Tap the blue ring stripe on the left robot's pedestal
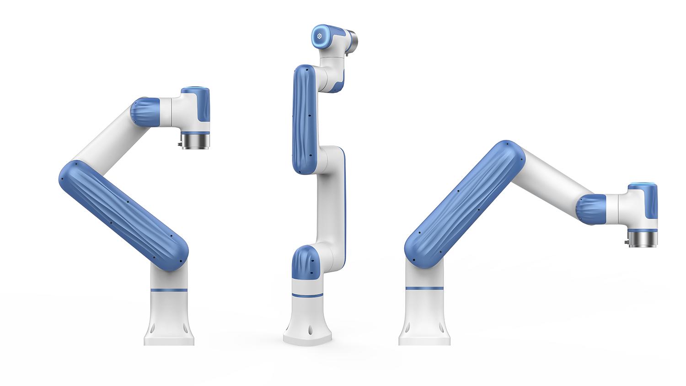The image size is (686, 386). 169,290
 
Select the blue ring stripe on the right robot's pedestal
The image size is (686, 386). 424,288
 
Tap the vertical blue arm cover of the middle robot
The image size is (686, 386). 305,119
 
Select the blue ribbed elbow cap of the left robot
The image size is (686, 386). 145,112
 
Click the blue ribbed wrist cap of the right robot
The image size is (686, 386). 590,209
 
